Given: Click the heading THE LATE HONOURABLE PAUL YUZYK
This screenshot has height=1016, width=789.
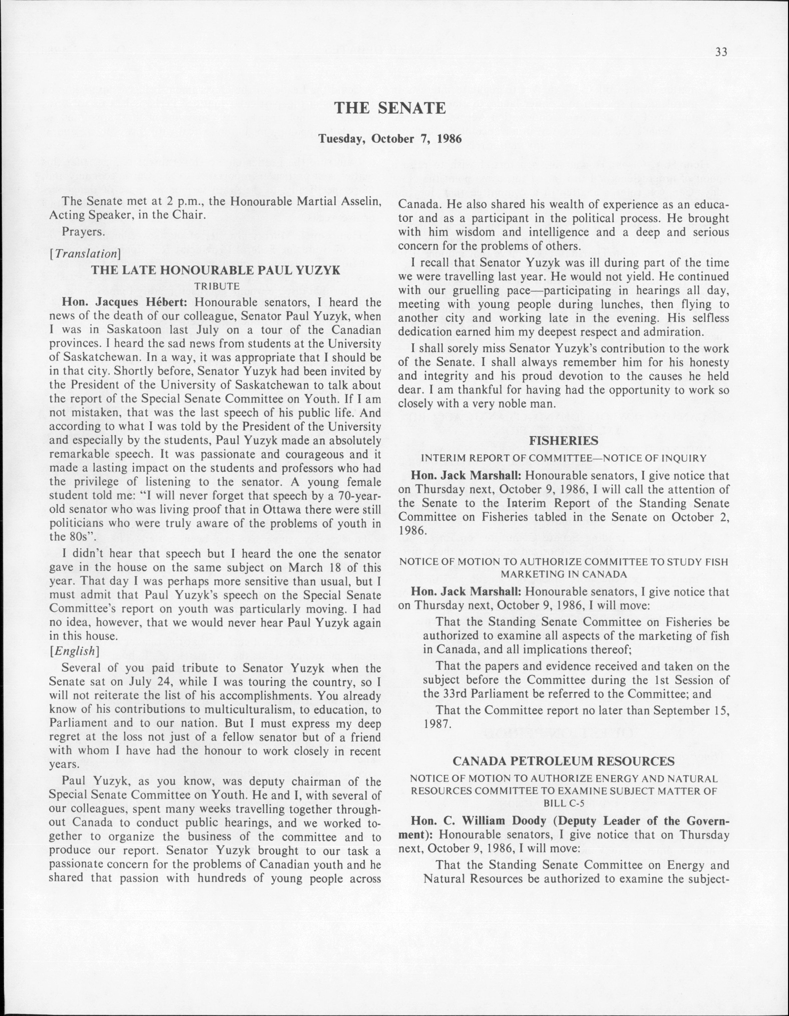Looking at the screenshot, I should click(x=216, y=270).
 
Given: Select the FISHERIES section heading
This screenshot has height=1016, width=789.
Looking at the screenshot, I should click(x=564, y=440).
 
